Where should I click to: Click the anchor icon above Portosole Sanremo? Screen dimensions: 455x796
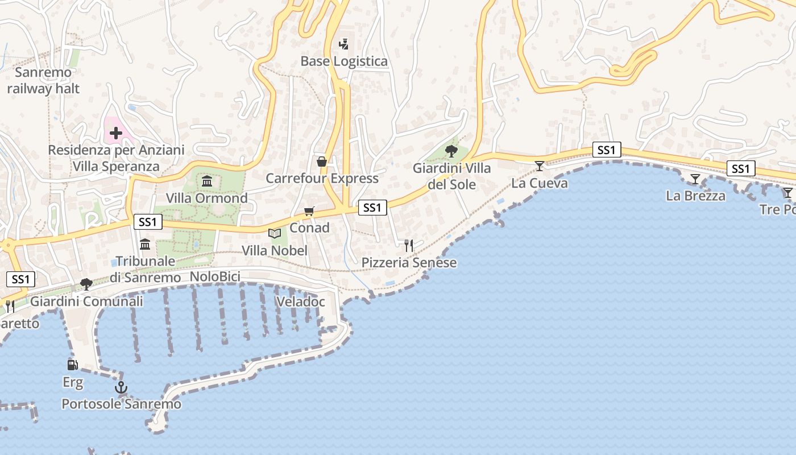click(121, 388)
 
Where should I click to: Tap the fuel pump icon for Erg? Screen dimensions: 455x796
click(72, 365)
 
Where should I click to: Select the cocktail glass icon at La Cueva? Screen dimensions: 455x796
click(539, 166)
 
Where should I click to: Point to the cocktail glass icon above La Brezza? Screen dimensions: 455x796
click(695, 179)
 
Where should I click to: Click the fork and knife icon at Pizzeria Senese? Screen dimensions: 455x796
click(409, 246)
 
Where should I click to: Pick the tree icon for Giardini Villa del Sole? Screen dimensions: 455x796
click(451, 151)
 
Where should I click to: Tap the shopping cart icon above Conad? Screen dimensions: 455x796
click(309, 212)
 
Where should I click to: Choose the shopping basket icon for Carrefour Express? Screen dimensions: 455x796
click(322, 162)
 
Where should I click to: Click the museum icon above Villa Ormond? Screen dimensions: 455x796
click(207, 181)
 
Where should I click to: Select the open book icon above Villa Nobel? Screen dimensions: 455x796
click(275, 233)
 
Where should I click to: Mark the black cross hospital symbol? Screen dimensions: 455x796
click(116, 134)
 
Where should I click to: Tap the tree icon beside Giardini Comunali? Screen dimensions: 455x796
click(86, 284)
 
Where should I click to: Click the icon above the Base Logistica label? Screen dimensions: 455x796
click(343, 44)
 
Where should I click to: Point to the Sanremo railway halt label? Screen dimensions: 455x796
click(43, 81)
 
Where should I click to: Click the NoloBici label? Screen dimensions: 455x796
click(215, 277)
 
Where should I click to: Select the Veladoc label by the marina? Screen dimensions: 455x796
click(300, 301)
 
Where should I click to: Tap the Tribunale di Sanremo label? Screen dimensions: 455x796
click(145, 270)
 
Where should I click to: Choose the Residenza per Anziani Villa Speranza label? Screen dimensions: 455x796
click(116, 158)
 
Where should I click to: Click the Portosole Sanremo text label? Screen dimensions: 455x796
click(121, 404)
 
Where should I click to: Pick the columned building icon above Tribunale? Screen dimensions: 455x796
click(145, 245)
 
